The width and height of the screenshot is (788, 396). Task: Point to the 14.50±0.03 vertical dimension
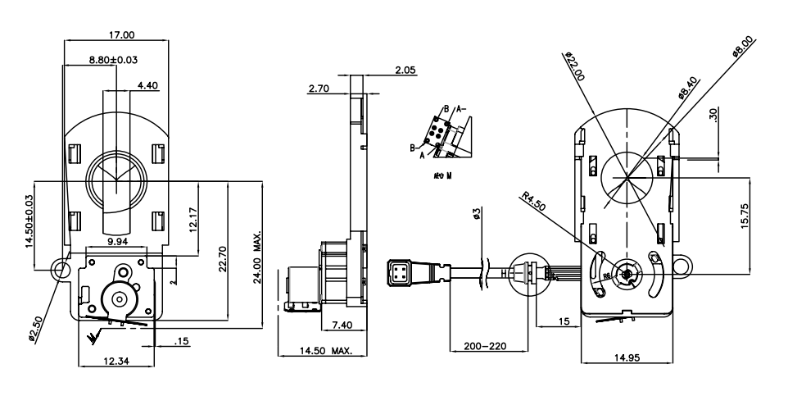tap(30, 221)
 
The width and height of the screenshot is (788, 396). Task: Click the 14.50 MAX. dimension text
tap(315, 352)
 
